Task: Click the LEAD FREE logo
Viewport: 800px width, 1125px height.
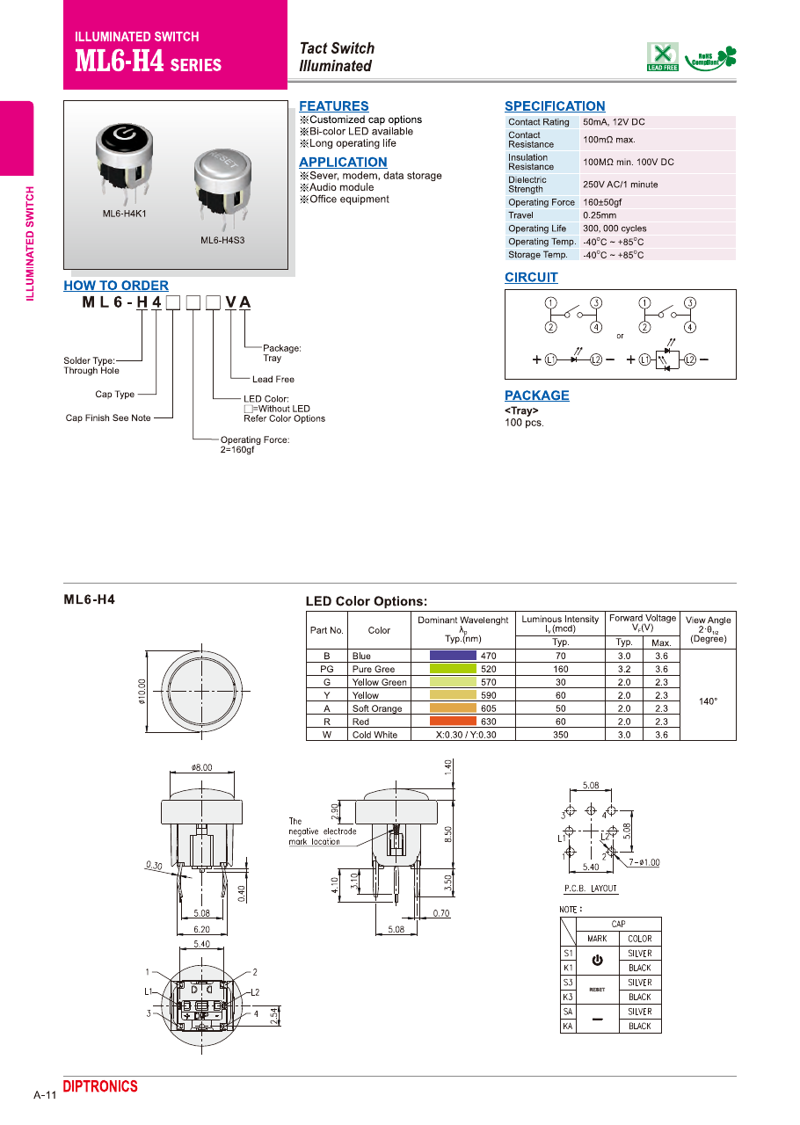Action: click(663, 56)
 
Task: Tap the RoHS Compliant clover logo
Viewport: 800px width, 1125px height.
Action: click(711, 58)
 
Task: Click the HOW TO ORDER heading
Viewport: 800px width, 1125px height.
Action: click(116, 286)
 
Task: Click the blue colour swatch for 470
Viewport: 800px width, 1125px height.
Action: click(453, 656)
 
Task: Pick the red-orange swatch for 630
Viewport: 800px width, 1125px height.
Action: click(453, 722)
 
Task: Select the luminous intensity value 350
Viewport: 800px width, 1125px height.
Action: click(560, 735)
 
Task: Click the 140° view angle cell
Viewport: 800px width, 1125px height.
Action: click(708, 701)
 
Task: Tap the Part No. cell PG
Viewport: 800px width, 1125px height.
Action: click(326, 669)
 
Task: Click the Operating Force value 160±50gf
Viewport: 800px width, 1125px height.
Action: click(602, 202)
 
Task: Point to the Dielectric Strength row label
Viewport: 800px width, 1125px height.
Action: click(527, 185)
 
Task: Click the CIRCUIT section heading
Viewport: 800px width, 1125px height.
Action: click(531, 278)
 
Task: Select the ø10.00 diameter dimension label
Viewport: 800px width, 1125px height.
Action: click(142, 691)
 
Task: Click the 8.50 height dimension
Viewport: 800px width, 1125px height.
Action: click(448, 833)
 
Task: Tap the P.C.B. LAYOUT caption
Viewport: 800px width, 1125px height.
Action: click(591, 889)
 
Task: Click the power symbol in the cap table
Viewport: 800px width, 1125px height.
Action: click(597, 961)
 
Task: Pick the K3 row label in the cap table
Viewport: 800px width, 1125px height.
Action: click(569, 998)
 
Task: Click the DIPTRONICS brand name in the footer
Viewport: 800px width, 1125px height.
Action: click(100, 1087)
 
